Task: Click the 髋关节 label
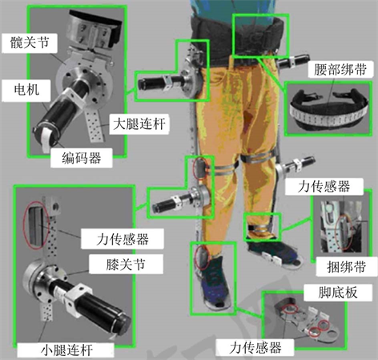click(x=30, y=42)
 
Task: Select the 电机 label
click(x=26, y=90)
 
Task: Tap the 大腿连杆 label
click(x=139, y=124)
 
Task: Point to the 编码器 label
click(x=82, y=158)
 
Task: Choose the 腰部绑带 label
click(x=340, y=70)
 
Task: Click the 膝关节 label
click(x=126, y=264)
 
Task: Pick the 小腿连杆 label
click(x=66, y=350)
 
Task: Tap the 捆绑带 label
click(x=346, y=267)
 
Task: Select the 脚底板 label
click(x=338, y=293)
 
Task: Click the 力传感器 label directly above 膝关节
click(x=123, y=239)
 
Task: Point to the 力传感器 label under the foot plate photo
click(x=255, y=348)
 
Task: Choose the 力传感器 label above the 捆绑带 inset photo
click(x=324, y=186)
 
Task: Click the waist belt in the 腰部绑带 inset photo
click(x=329, y=111)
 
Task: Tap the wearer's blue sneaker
click(x=214, y=282)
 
